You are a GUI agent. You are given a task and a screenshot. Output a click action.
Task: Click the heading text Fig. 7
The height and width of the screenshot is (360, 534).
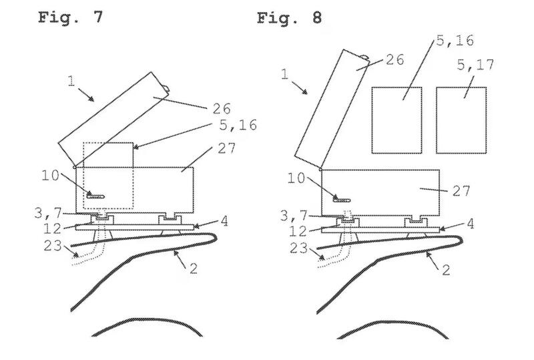70,17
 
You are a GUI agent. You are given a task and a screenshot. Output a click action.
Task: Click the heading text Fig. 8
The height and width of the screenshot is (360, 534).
289,17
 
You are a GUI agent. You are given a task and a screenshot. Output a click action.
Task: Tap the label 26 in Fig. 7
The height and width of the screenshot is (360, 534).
222,109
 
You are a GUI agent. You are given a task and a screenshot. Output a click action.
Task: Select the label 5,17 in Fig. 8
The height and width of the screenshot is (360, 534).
475,64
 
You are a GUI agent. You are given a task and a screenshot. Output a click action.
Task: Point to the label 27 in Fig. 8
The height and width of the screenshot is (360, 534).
461,191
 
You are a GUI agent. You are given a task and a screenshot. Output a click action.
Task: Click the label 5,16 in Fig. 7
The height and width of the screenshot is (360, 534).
238,125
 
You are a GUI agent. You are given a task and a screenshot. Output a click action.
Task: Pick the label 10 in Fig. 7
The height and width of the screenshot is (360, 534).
51,176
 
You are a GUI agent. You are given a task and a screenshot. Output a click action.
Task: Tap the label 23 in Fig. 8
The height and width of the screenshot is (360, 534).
298,248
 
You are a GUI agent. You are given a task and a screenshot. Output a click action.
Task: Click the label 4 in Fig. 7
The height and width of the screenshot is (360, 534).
224,221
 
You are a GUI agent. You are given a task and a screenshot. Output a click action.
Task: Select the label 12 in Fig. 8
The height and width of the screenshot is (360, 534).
298,231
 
